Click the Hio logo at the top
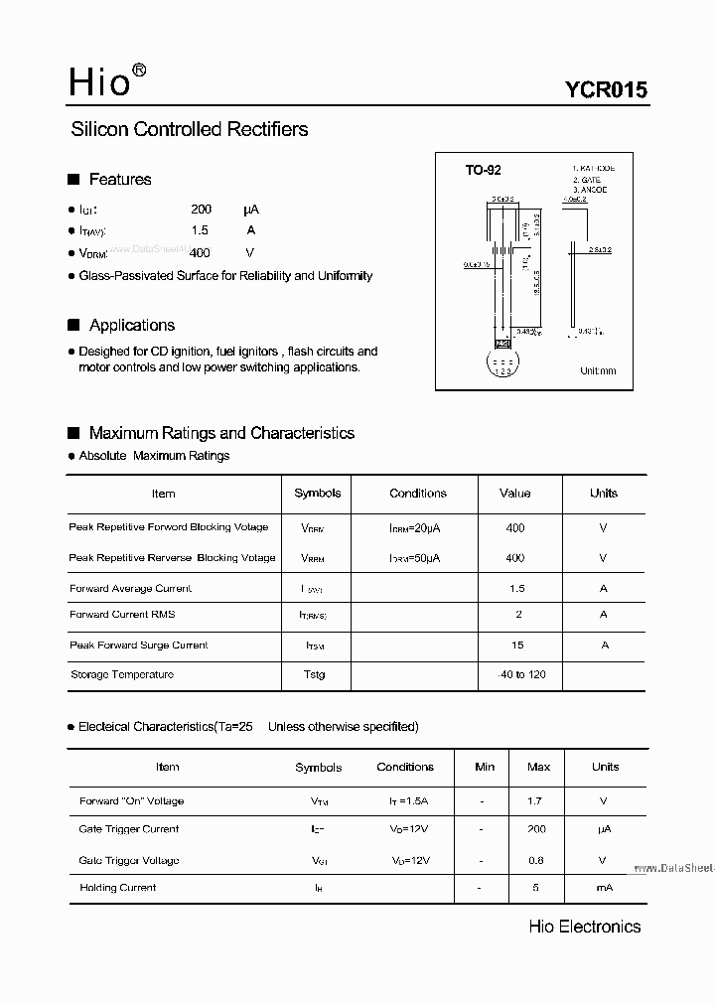point(105,81)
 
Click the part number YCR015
point(606,89)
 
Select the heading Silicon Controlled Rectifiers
point(190,129)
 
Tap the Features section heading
point(120,180)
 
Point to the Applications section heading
point(131,326)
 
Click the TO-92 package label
point(484,170)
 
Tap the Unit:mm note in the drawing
point(598,371)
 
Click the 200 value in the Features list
point(202,210)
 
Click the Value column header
point(515,494)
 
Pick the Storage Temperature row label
point(122,675)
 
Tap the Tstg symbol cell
point(314,675)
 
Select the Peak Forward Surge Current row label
point(139,646)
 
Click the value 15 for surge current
point(516,646)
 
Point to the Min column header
point(485,767)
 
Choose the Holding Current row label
point(118,888)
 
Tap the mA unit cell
point(604,888)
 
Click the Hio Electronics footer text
point(585,927)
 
